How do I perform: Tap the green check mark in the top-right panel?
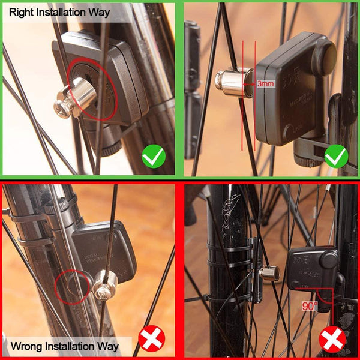click(336, 158)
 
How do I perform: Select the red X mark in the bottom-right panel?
click(332, 340)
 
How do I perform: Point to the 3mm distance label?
click(265, 83)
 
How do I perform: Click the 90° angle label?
click(310, 305)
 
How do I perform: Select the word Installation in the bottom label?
click(77, 346)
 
